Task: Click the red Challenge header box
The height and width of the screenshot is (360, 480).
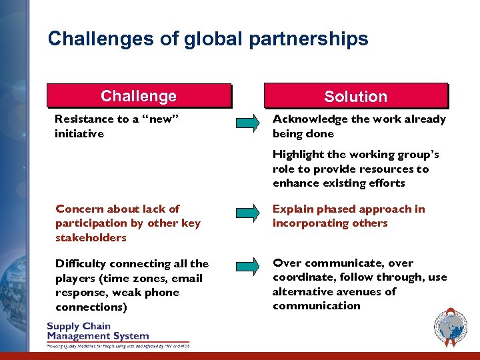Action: (x=139, y=96)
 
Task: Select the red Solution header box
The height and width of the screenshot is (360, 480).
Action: (x=355, y=96)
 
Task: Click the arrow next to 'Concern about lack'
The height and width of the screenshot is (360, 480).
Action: (x=247, y=213)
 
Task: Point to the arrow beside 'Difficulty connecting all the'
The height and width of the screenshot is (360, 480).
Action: (x=247, y=266)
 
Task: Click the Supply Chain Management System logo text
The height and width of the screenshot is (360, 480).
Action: (x=97, y=331)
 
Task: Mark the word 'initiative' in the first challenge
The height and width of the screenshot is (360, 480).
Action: (x=79, y=134)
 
